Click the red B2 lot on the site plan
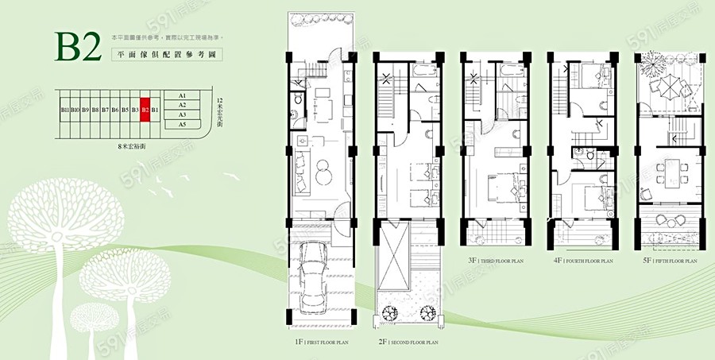coord(145,110)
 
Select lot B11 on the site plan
coord(64,110)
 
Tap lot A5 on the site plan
coord(182,125)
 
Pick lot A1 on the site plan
coord(182,96)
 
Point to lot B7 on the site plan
coord(104,110)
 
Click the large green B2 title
coord(77,47)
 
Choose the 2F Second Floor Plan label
coord(408,343)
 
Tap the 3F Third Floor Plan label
coord(496,260)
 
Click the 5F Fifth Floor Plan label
coord(671,260)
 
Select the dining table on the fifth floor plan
coord(671,171)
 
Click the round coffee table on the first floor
coord(323,169)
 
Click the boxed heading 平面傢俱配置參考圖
coord(165,56)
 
